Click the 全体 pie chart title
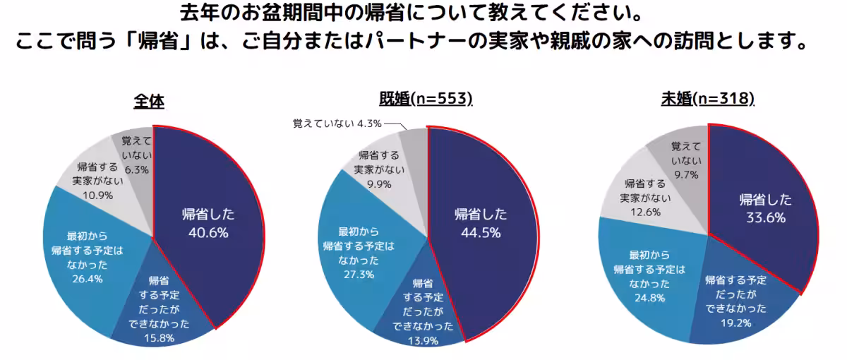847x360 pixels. point(149,102)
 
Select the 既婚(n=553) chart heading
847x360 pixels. point(426,99)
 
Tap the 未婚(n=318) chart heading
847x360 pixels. point(708,99)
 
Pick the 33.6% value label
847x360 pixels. point(765,218)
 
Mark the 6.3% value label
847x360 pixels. point(136,170)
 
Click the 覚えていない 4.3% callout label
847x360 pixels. point(337,124)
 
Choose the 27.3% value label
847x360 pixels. point(357,275)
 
